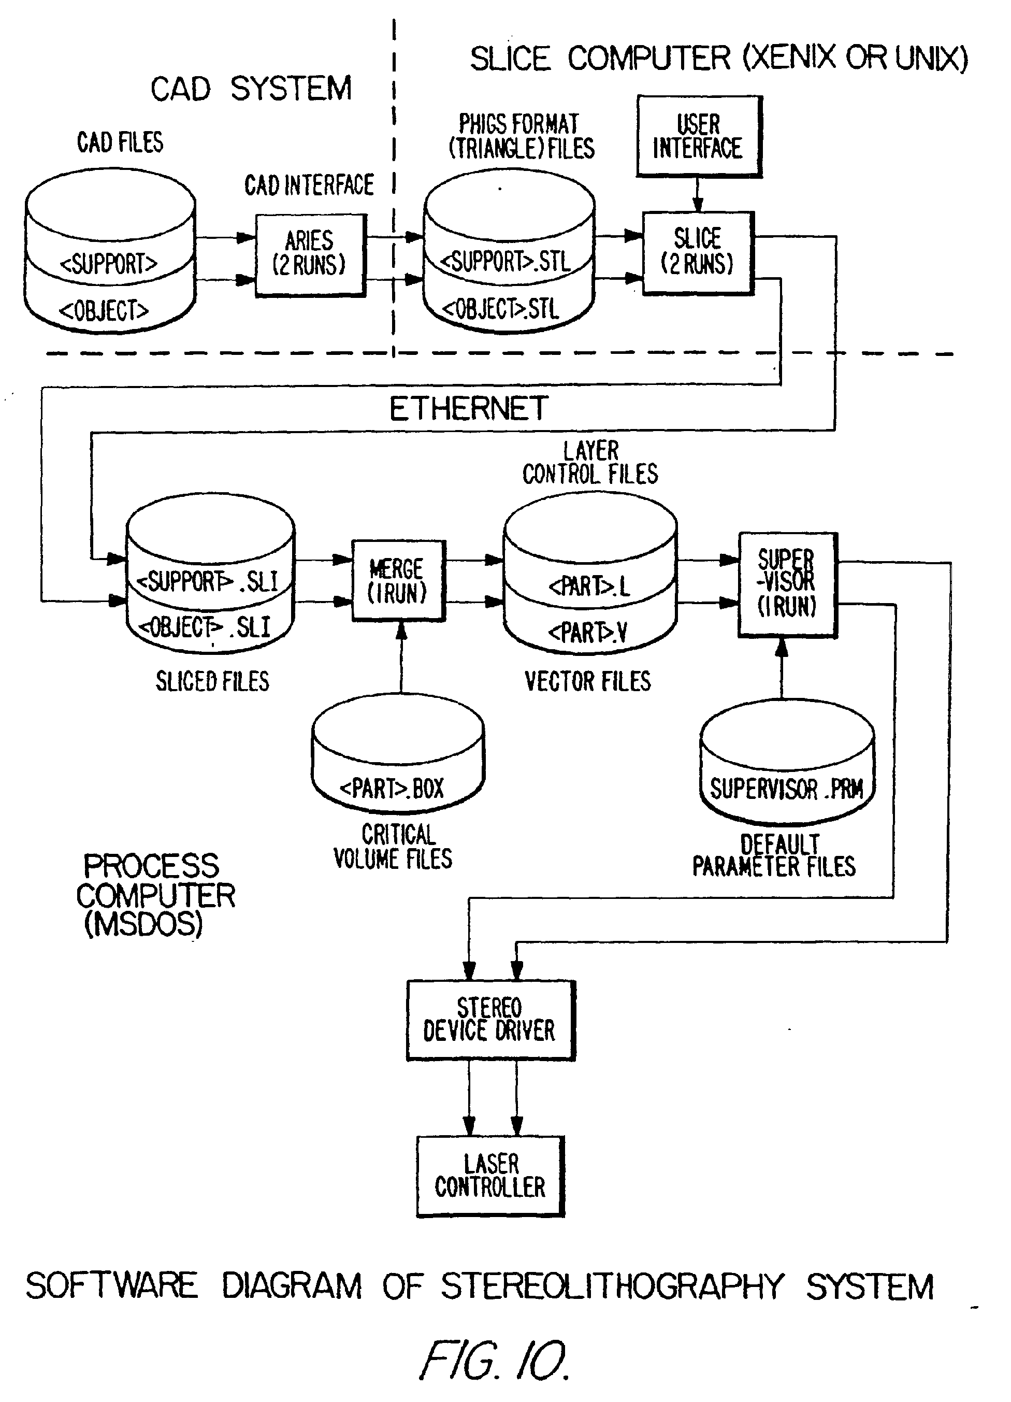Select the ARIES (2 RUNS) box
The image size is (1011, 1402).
[310, 255]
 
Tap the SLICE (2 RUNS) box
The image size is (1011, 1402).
[698, 253]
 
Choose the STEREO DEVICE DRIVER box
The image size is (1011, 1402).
[490, 1020]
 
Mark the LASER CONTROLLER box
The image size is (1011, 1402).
[490, 1176]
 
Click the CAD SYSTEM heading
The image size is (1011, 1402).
[251, 89]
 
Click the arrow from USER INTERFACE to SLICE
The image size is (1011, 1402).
[698, 195]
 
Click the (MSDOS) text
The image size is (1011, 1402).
[143, 924]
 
